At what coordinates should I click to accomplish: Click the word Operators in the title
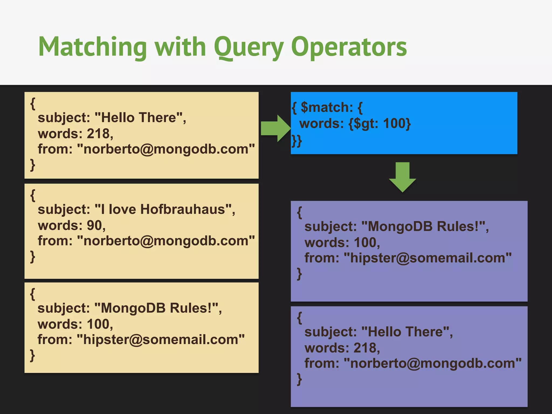click(349, 47)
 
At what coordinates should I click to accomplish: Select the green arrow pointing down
click(402, 177)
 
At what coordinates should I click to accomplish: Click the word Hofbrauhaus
click(182, 209)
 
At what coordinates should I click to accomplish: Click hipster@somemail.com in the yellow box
click(161, 340)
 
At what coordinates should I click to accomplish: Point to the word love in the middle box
click(122, 209)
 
